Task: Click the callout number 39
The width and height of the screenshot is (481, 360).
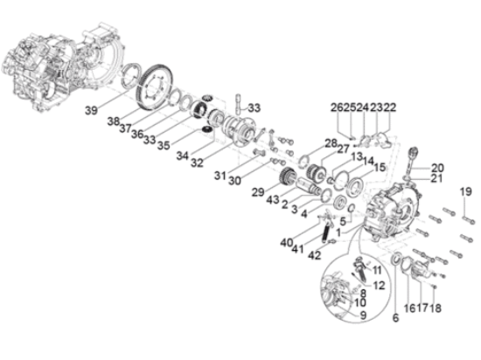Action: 91,110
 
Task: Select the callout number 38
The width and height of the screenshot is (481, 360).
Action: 113,121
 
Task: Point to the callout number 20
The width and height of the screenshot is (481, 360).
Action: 437,168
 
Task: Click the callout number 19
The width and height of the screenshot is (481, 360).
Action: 465,191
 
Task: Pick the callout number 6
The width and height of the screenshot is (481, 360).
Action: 395,318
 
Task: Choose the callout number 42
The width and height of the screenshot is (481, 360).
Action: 314,255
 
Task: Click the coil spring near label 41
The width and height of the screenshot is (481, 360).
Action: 326,233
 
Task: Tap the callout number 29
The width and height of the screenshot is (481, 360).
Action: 258,192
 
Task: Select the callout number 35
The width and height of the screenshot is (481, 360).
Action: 164,145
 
